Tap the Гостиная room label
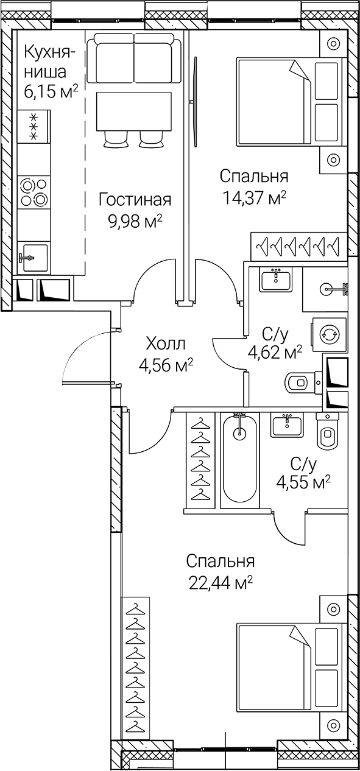pyautogui.click(x=135, y=200)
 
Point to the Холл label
pyautogui.click(x=166, y=343)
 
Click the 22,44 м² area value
pyautogui.click(x=220, y=582)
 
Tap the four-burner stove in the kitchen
pyautogui.click(x=34, y=191)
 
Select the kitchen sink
pyautogui.click(x=34, y=257)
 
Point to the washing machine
pyautogui.click(x=330, y=334)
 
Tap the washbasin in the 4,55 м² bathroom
pyautogui.click(x=286, y=424)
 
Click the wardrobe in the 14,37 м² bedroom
pyautogui.click(x=298, y=246)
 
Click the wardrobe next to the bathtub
pyautogui.click(x=199, y=460)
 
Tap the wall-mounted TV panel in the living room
pyautogui.click(x=196, y=100)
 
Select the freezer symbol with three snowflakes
pyautogui.click(x=34, y=127)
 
